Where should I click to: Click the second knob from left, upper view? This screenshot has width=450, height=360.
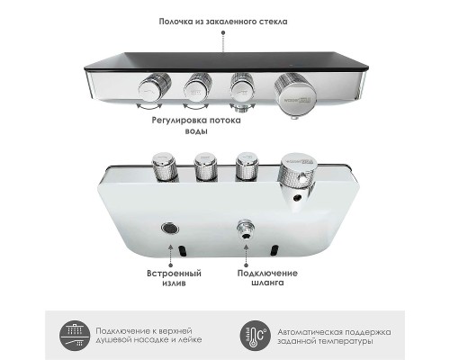click(195, 86)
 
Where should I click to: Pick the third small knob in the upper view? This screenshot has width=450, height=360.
click(241, 87)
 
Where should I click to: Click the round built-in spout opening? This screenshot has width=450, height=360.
click(168, 229)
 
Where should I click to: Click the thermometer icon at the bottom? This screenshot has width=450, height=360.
click(256, 335)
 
